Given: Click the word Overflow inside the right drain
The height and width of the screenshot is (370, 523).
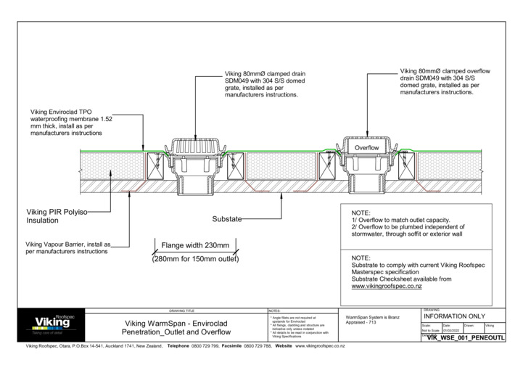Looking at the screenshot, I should [367, 148].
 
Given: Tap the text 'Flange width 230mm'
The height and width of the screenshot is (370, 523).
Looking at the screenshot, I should [195, 244].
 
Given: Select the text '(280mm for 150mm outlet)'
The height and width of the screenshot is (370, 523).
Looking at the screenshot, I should [195, 259].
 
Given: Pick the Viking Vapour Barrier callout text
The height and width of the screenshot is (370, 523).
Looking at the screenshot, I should [67, 248].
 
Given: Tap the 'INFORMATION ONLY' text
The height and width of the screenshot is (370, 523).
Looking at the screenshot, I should [459, 317].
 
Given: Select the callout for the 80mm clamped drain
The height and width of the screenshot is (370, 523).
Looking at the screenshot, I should [265, 84].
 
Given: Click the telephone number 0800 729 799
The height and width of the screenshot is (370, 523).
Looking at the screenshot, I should [205, 347].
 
